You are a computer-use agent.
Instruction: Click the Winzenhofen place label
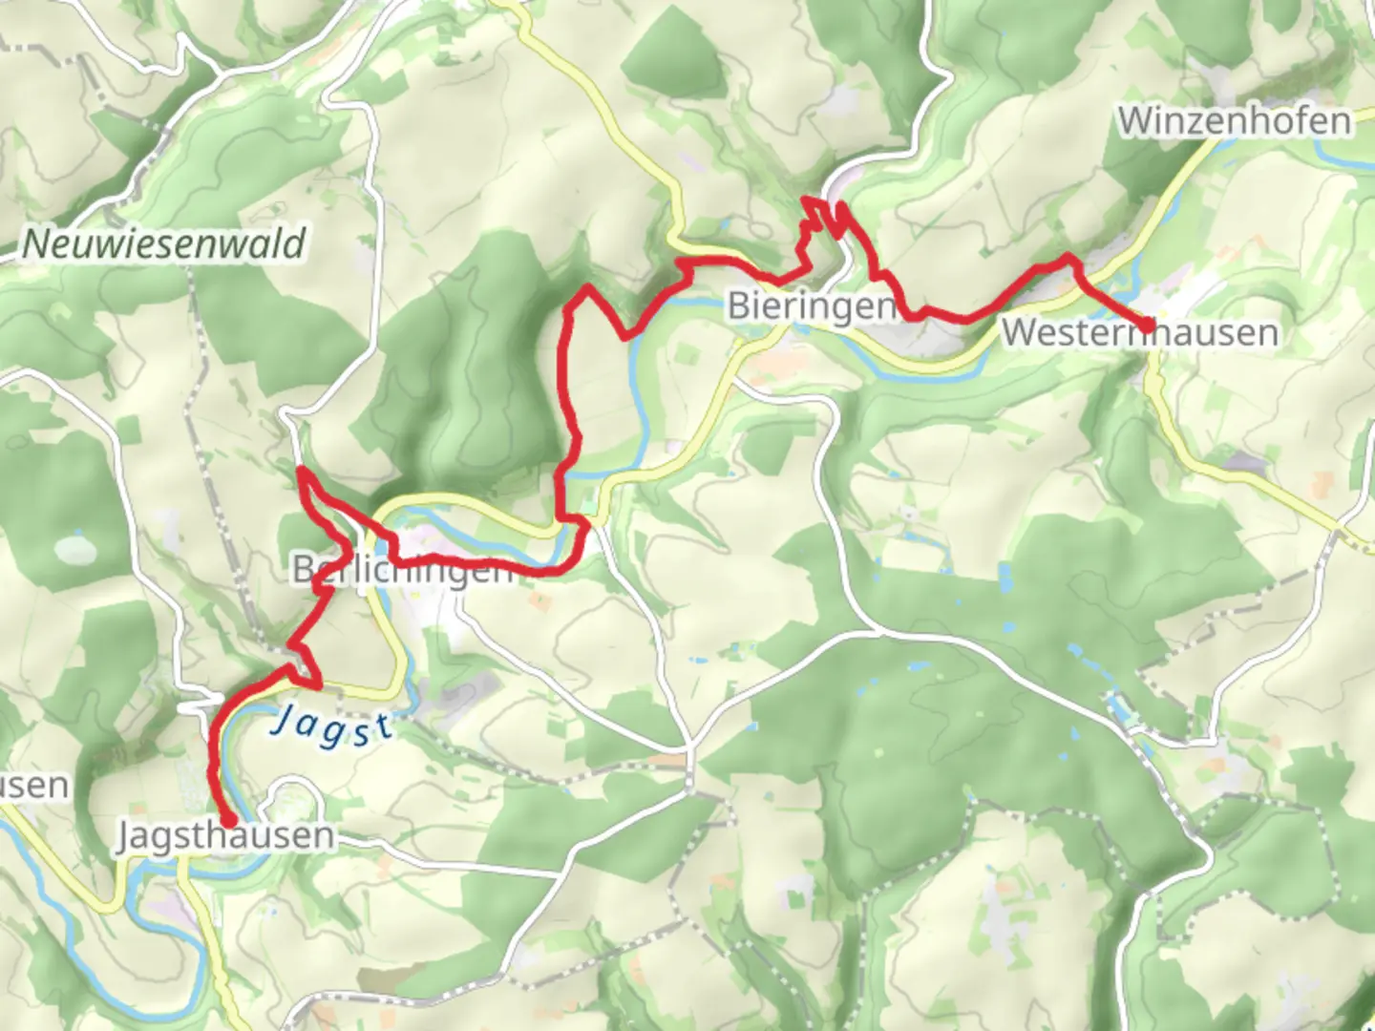click(x=1235, y=121)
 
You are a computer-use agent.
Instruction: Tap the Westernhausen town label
click(x=1139, y=333)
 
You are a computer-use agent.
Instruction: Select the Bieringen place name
click(x=813, y=306)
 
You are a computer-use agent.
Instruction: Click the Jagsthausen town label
click(x=226, y=836)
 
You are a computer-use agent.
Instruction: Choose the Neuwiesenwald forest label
click(x=163, y=243)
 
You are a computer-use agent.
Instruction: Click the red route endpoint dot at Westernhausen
click(x=1146, y=327)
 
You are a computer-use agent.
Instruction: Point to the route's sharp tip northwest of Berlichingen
click(x=302, y=470)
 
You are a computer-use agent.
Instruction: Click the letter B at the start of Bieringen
click(x=739, y=306)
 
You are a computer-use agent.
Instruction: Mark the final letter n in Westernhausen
click(x=1267, y=333)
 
